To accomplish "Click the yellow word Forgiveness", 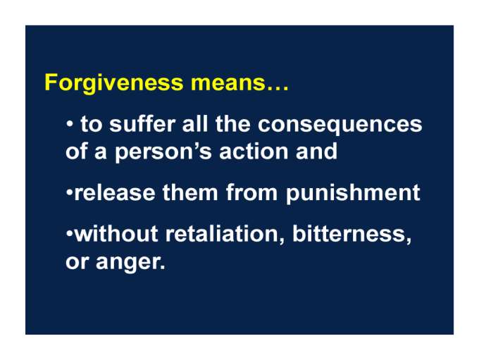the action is pos(114,82).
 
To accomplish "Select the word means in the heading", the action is pos(228,83).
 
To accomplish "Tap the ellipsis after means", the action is pos(278,88).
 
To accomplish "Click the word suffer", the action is pos(142,124).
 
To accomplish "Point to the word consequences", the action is pos(340,125).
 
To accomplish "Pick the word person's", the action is pos(163,152).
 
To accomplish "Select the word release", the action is pos(115,193).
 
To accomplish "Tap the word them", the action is pos(190,192).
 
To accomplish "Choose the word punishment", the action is pos(353,193).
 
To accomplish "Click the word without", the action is pos(116,233).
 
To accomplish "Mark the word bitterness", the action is pos(352,234).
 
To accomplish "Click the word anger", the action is pos(130,262).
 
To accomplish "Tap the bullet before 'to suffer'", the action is pos(70,125).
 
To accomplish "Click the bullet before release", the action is pos(70,194).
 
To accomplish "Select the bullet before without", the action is pos(70,234).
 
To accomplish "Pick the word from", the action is pos(251,192).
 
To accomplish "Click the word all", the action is pos(195,124).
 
